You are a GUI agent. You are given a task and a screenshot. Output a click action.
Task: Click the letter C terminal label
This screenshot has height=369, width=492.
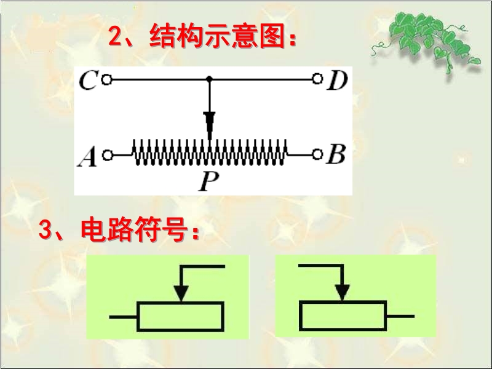(x=88, y=81)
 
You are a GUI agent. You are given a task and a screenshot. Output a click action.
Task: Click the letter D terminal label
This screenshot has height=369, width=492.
(x=336, y=81)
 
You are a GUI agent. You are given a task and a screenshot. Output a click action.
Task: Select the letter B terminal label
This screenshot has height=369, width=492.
(x=335, y=155)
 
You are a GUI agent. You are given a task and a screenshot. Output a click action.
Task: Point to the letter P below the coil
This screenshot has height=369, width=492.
(x=207, y=181)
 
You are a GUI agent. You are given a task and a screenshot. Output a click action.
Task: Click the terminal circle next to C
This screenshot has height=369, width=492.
(x=106, y=79)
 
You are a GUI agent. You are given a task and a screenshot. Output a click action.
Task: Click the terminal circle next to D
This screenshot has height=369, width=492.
(x=317, y=79)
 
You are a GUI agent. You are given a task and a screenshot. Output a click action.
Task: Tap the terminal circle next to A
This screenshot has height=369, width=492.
(x=107, y=156)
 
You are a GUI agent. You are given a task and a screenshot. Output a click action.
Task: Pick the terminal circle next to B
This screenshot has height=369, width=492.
(x=317, y=154)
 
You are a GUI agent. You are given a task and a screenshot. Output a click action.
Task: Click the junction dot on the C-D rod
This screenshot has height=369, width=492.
(x=209, y=79)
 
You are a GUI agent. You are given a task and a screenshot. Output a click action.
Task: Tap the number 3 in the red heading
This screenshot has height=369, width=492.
(x=47, y=231)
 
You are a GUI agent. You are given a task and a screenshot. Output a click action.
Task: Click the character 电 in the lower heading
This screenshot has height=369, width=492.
(x=93, y=231)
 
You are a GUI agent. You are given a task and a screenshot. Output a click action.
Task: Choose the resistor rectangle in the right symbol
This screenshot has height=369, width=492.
(x=343, y=315)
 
